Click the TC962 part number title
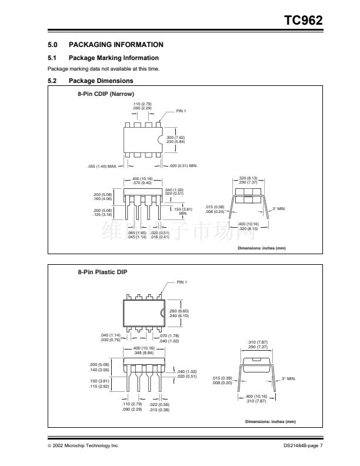(x=304, y=20)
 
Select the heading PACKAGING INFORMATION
(x=116, y=45)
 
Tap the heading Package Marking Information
(x=114, y=58)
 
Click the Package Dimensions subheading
(x=101, y=81)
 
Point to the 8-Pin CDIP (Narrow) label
(x=106, y=94)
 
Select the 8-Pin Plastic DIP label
(x=102, y=272)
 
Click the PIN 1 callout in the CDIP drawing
(x=181, y=111)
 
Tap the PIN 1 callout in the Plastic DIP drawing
(x=181, y=282)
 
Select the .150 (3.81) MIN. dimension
(x=182, y=211)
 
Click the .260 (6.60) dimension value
(x=179, y=311)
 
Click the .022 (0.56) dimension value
(x=159, y=404)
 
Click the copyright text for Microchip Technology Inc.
(x=83, y=445)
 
